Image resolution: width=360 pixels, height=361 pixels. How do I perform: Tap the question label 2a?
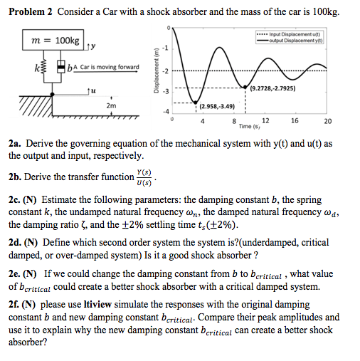(15, 142)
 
